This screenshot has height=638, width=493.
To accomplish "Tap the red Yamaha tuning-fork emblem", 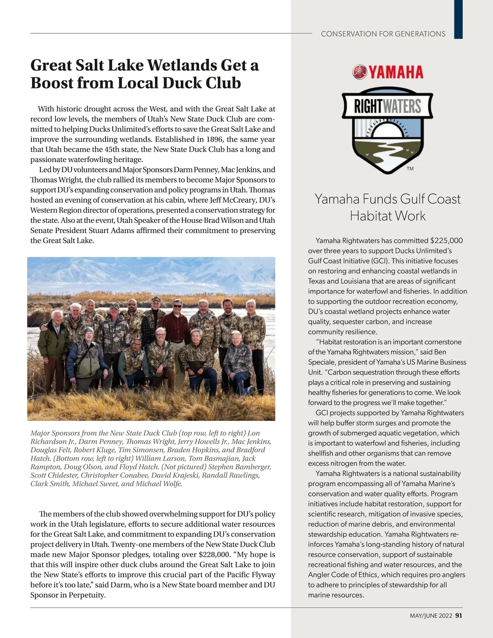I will (359, 72).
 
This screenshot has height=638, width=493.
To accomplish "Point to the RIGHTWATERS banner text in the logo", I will (387, 107).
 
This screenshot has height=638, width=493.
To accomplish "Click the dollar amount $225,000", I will (447, 241).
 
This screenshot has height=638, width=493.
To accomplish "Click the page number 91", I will (459, 616).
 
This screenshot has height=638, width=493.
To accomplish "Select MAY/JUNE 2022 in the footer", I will (431, 616).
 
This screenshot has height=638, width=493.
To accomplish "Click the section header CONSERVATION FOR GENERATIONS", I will (383, 34).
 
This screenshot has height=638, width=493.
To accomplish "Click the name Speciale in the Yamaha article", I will (322, 362).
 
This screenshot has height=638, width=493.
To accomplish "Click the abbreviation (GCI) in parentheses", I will (381, 261).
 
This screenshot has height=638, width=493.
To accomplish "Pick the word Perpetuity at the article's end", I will (87, 595).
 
